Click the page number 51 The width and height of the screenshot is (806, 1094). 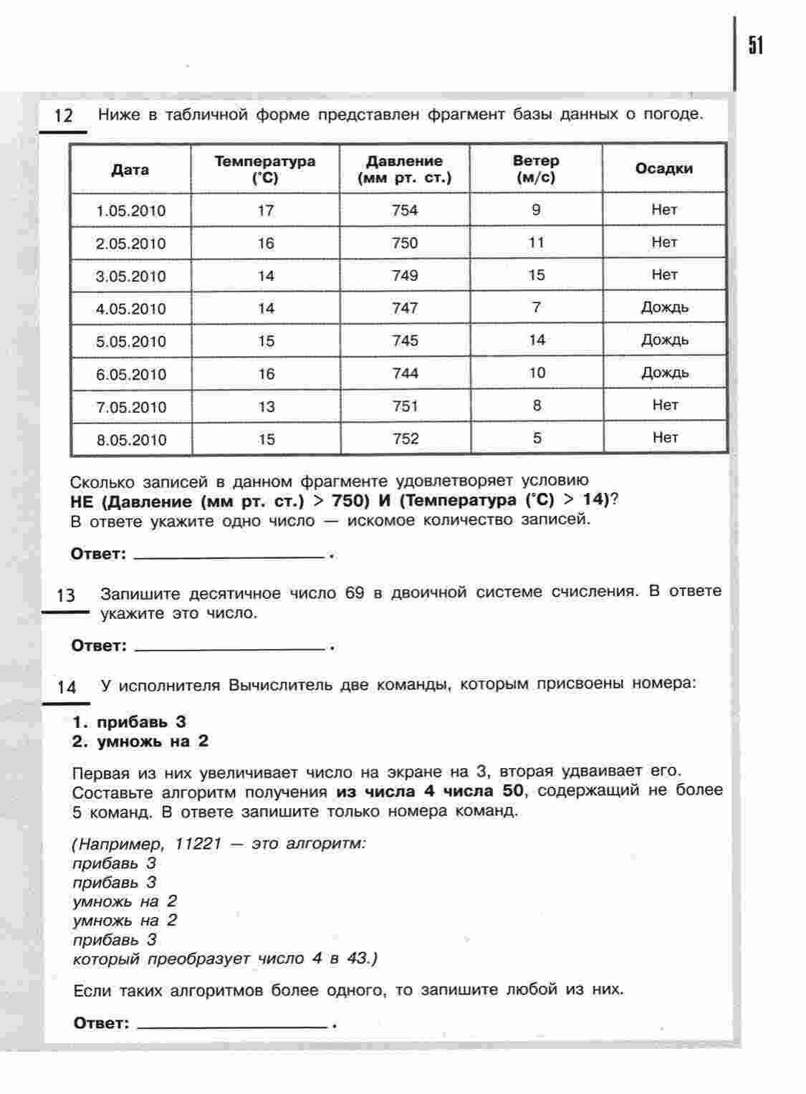pos(756,46)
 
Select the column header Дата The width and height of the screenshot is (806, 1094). pos(130,170)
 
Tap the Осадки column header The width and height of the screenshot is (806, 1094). pos(663,168)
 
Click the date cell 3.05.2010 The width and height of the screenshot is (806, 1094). pos(130,277)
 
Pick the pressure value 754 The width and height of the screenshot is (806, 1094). pos(405,211)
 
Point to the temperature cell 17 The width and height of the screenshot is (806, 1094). pos(266,211)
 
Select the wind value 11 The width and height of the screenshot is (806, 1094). pos(537,242)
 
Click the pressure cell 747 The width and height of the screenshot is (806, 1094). pos(405,308)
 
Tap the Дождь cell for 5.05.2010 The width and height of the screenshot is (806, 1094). pos(665,340)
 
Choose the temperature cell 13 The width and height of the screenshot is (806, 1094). pos(267,407)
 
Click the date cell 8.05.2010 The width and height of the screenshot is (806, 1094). pos(131,440)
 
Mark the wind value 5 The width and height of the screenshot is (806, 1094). pos(537,438)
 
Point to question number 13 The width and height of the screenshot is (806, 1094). pos(65,595)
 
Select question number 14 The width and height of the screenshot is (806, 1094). pos(66,687)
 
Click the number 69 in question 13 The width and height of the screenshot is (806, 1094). pos(355,593)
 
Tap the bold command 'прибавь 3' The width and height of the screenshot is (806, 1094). pos(141,721)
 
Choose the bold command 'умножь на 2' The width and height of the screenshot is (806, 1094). pos(153,742)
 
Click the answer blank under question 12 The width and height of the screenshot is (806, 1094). pos(229,554)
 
